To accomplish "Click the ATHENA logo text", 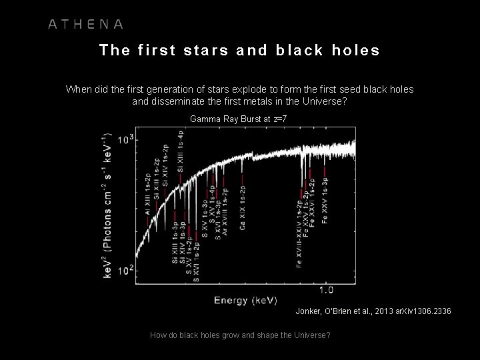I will [x=85, y=25].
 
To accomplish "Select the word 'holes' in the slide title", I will [x=354, y=51].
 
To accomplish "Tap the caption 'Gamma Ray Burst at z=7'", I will [x=238, y=119].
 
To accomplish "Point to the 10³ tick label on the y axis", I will [x=126, y=141].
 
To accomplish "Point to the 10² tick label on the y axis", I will [x=126, y=270].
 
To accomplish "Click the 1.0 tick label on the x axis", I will [x=327, y=289].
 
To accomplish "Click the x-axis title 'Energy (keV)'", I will [x=241, y=301].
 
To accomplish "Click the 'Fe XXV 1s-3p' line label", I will [x=325, y=200].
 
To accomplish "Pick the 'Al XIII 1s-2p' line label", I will [x=147, y=193].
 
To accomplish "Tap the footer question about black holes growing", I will [x=240, y=335].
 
